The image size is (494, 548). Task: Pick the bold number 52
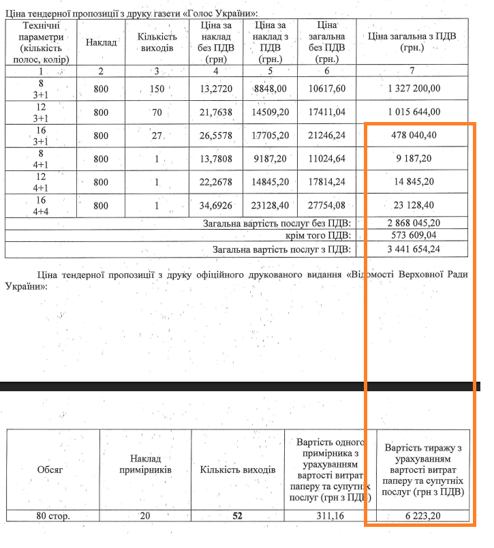coord(238,516)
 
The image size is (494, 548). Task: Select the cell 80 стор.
coord(52,516)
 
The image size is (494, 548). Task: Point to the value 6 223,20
coord(423,516)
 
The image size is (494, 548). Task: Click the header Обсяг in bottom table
coord(52,470)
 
